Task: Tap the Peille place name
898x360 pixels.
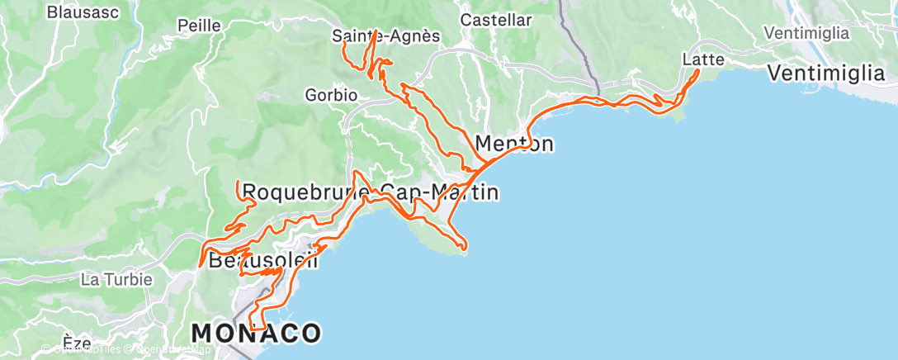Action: coord(200,26)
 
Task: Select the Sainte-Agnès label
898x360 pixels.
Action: coord(385,36)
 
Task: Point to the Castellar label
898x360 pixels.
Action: coord(495,20)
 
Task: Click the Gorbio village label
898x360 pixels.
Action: coord(330,95)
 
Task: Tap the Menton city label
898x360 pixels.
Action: coord(514,144)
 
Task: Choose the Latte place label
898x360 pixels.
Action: coord(704,59)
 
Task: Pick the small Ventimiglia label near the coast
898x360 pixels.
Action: coord(806,33)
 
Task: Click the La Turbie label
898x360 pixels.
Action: coord(116,279)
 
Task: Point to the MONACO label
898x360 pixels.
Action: coord(256,334)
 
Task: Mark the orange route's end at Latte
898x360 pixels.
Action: coord(698,70)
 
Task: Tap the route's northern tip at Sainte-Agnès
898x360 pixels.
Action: coord(376,31)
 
